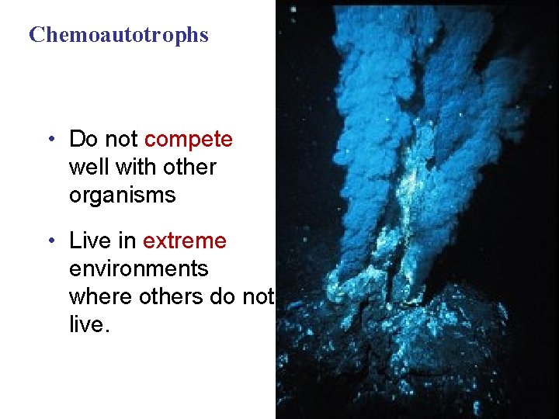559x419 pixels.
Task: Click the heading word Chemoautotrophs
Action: (x=119, y=35)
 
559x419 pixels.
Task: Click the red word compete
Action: (x=189, y=140)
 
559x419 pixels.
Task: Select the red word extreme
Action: (x=185, y=241)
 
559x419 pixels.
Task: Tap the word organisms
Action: (x=123, y=195)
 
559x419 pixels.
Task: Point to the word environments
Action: (x=139, y=268)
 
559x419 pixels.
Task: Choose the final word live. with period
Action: (x=90, y=324)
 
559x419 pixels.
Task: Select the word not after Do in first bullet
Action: (x=121, y=140)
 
